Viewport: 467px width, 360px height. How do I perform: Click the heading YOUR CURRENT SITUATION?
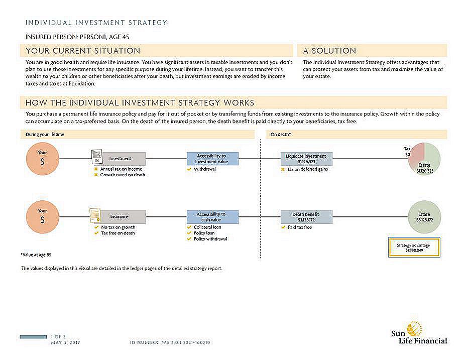pos(83,51)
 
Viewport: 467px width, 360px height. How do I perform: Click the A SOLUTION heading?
pos(329,51)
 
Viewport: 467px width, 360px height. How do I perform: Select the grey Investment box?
pos(121,159)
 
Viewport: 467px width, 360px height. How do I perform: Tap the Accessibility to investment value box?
pos(211,159)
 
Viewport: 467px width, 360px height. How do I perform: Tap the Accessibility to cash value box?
pos(211,217)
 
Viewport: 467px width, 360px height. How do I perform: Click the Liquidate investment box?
pos(306,159)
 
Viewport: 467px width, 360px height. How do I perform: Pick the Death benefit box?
pos(306,217)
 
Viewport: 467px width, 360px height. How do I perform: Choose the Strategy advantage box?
pos(414,248)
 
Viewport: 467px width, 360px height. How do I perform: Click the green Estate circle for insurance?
pos(424,217)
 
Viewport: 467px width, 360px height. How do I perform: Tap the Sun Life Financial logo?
pos(419,334)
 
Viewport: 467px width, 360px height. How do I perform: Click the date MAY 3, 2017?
pos(65,342)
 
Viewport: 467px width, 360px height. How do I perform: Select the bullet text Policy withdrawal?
pos(210,239)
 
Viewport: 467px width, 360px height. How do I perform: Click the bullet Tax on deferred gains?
pos(307,169)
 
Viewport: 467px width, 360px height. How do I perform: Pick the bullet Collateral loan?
pos(207,227)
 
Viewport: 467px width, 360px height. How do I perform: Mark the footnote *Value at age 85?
pos(36,255)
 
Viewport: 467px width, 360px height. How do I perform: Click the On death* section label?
pos(281,135)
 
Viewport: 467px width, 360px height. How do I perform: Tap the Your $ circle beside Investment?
pos(42,159)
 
